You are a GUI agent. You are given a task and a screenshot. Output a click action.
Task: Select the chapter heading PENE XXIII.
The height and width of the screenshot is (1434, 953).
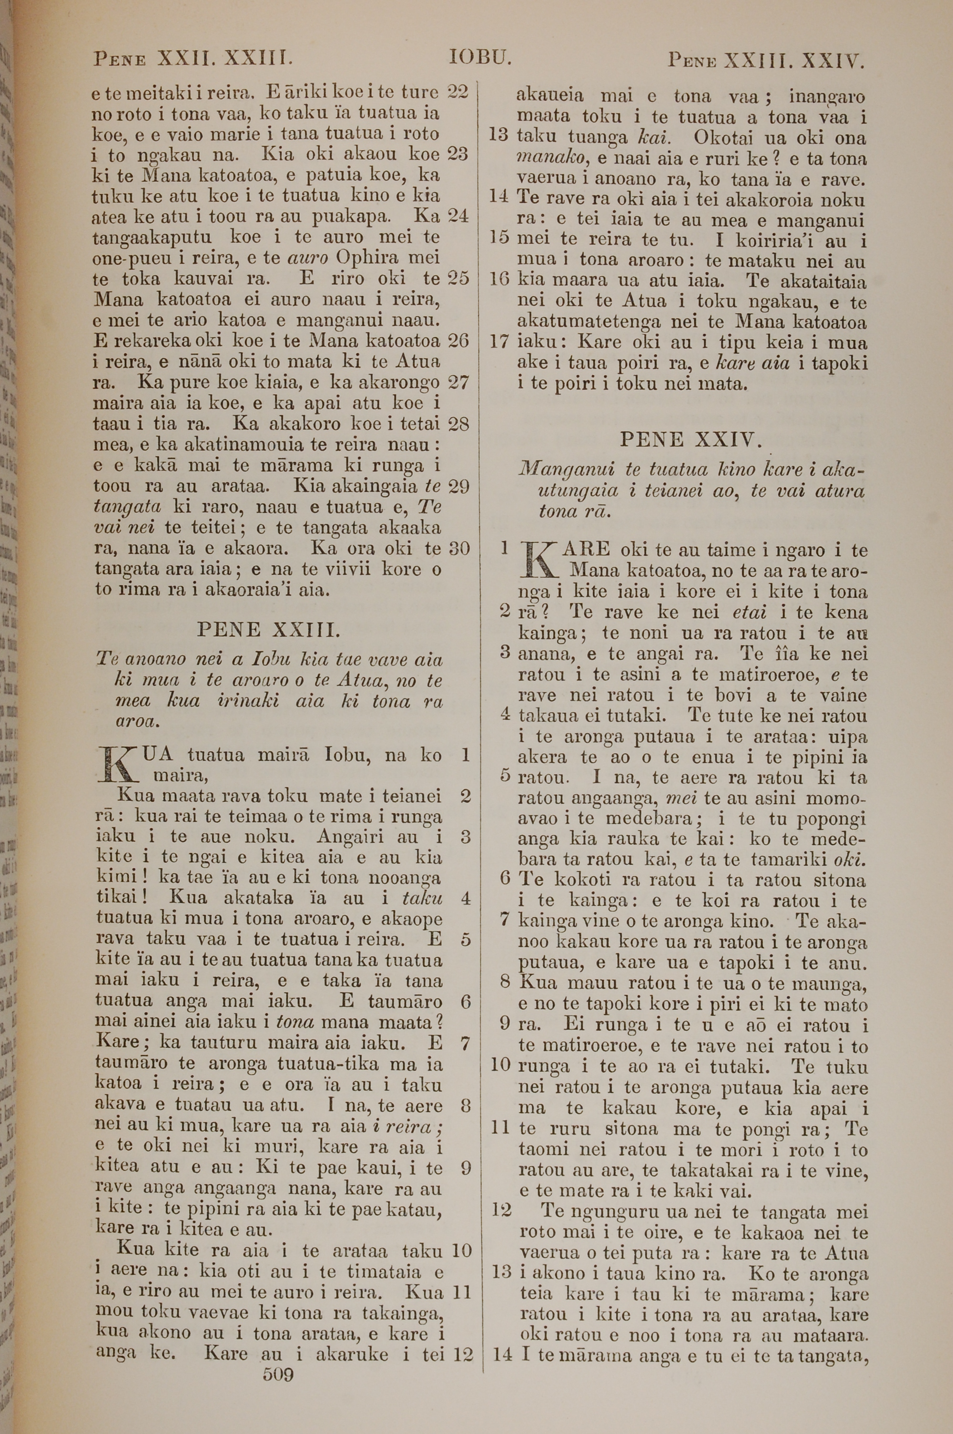coord(268,629)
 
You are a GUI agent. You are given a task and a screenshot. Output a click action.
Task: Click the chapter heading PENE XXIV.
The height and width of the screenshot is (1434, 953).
coord(691,439)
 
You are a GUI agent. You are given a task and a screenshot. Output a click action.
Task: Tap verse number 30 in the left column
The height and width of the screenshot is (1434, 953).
coord(459,548)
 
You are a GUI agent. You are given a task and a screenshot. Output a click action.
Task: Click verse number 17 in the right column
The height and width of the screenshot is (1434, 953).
coord(498,342)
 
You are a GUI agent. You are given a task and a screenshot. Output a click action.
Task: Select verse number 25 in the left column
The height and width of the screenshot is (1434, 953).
coord(458,278)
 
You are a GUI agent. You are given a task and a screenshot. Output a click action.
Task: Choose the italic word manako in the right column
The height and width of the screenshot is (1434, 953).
coord(552,159)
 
